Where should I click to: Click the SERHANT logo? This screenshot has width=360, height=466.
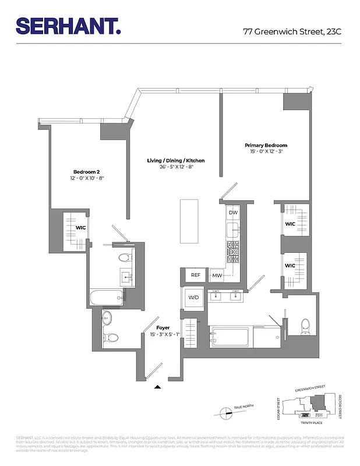point(68,26)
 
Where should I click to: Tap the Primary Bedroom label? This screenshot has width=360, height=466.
point(266,146)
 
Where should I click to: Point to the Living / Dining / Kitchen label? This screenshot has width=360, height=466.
point(175,160)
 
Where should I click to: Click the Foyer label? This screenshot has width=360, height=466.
point(163,328)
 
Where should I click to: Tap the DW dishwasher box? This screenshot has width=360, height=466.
point(233,213)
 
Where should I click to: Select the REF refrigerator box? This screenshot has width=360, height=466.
point(195,275)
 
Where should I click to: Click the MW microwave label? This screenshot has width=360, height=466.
point(217,276)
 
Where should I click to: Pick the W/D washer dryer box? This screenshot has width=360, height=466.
point(193,298)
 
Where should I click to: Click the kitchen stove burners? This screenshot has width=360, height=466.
point(233,253)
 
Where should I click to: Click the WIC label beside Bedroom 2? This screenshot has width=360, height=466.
point(80,228)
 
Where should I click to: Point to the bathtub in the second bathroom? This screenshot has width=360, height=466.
point(106,298)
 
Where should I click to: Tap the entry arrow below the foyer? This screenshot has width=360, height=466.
point(157,386)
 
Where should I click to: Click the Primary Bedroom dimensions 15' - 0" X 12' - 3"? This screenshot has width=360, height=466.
point(266,151)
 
